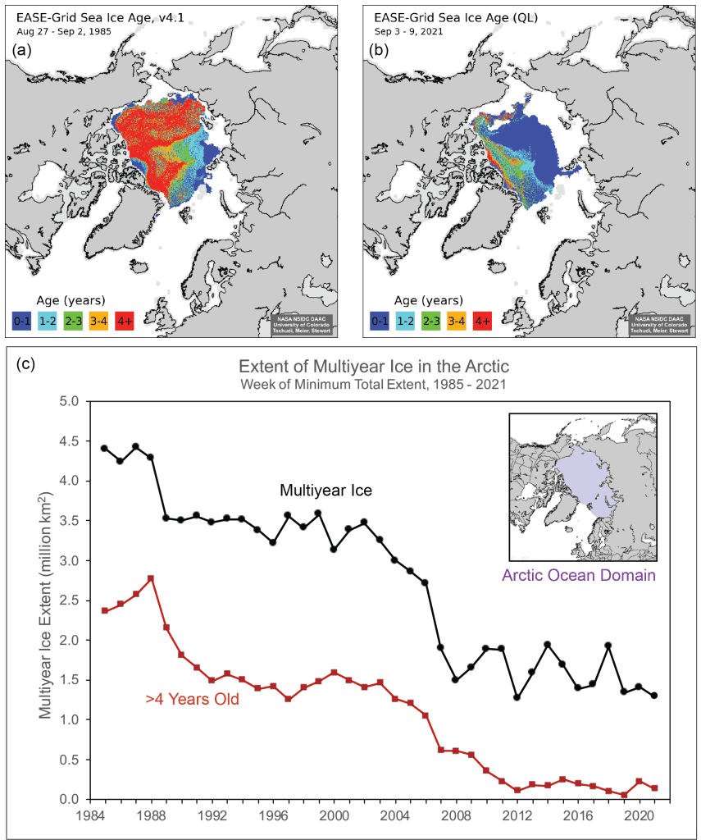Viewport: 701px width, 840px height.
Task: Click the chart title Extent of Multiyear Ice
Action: pos(367,366)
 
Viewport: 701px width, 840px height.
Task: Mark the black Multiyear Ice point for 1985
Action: pos(104,448)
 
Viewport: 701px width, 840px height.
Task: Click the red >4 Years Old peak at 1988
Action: pos(151,578)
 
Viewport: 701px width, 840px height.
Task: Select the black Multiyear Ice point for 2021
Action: pos(654,696)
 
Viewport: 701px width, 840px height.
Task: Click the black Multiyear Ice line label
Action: pos(326,491)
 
